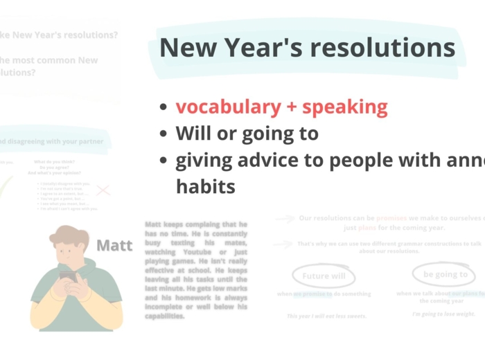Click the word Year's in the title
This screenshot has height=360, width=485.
pos(267,48)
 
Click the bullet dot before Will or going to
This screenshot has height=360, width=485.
pos(163,134)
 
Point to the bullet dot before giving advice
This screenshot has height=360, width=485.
pos(163,161)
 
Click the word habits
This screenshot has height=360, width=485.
pos(205,187)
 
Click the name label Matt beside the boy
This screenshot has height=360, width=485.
pos(114,245)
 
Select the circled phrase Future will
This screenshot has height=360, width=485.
pos(324,276)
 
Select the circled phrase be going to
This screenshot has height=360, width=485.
pos(445,274)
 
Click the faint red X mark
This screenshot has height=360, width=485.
pos(103,190)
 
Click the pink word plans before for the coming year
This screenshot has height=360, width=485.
pos(368,227)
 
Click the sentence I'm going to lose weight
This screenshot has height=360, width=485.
pos(443,314)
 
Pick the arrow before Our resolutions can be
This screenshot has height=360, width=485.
pos(284,218)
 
